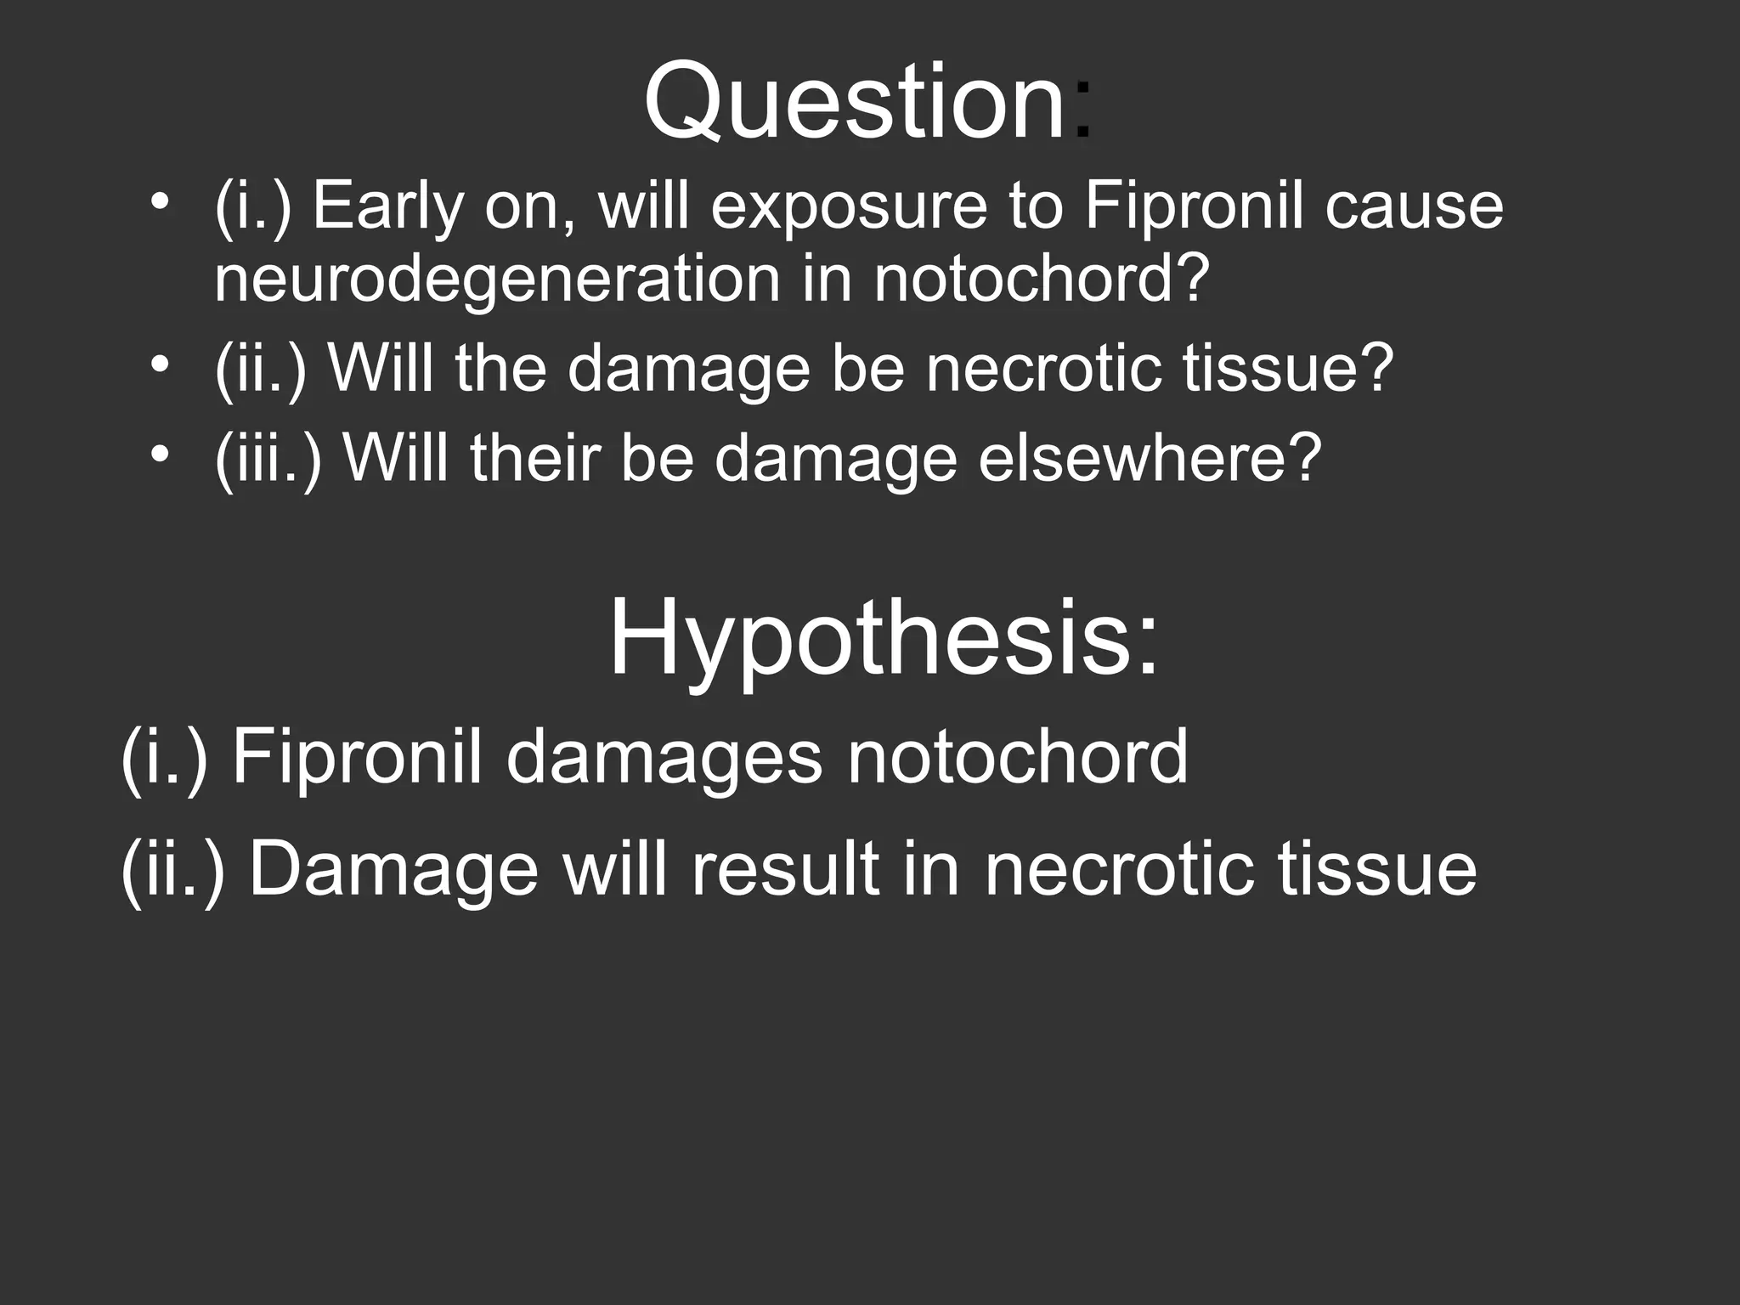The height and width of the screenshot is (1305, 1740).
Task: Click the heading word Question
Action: [x=854, y=102]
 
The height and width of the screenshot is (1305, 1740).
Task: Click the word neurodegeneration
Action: [x=497, y=280]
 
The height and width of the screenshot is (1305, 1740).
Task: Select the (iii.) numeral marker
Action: [x=268, y=459]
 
